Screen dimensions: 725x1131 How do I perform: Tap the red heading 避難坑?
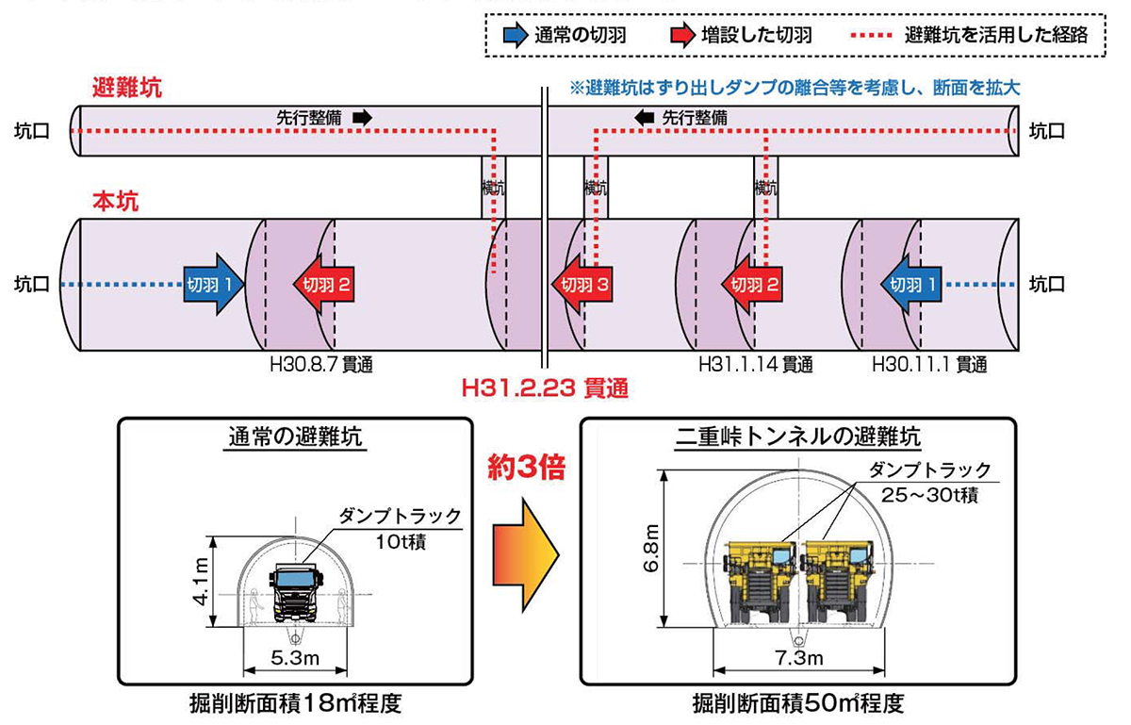pyautogui.click(x=127, y=90)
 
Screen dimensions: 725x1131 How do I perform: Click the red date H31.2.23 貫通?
pyautogui.click(x=545, y=387)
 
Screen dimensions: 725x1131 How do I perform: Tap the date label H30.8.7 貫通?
pyautogui.click(x=322, y=364)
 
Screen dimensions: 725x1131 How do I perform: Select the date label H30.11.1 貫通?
pyautogui.click(x=929, y=364)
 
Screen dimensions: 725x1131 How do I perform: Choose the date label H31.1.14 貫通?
pyautogui.click(x=754, y=364)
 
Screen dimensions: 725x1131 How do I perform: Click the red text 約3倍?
pyautogui.click(x=526, y=467)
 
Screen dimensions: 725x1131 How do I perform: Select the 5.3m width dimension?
pyautogui.click(x=294, y=656)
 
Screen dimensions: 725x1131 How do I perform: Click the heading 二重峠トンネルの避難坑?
pyautogui.click(x=797, y=437)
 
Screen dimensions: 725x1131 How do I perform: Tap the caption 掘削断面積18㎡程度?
pyautogui.click(x=294, y=703)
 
